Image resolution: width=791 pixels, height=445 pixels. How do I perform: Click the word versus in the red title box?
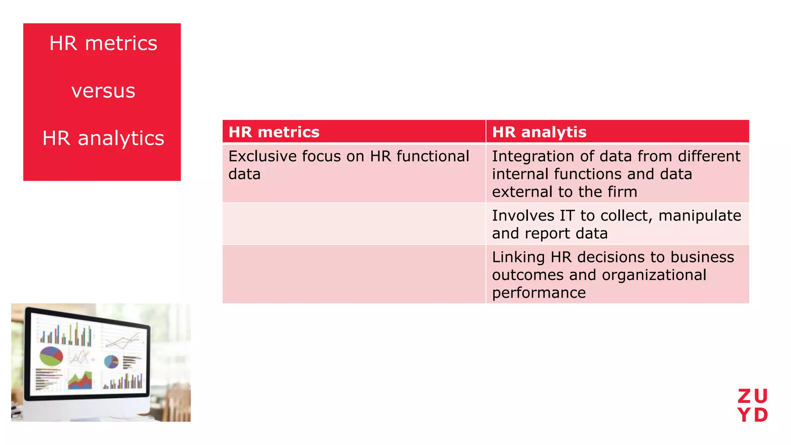[103, 91]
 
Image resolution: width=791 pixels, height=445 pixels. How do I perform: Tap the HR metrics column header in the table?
[274, 132]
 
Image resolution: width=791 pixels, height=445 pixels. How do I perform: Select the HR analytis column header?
[539, 132]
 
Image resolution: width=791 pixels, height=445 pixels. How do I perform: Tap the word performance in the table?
[539, 293]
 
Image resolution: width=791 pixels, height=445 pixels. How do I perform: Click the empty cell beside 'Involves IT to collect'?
[354, 224]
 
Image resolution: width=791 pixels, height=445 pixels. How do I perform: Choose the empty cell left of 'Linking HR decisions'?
[354, 274]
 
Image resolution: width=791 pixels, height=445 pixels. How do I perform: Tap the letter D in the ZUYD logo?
[761, 415]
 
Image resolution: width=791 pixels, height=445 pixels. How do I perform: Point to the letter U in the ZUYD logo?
[761, 396]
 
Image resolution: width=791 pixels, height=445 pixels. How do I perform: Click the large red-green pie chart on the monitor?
[51, 356]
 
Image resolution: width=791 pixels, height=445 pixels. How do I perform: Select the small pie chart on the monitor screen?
[111, 362]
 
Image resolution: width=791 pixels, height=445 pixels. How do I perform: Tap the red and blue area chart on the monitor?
[80, 380]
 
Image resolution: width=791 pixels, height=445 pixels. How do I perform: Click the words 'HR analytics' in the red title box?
[103, 138]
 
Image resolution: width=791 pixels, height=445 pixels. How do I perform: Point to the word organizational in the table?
[654, 275]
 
